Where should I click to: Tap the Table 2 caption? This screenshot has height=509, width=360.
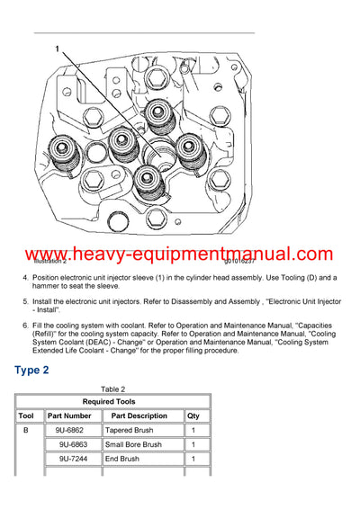tap(112, 388)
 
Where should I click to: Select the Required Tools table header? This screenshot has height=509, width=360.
tap(112, 402)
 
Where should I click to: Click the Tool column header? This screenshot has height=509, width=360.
tap(26, 416)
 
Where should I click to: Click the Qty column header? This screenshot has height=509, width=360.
tap(193, 416)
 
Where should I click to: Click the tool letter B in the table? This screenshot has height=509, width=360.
tap(26, 431)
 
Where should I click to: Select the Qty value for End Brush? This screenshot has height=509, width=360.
tap(193, 460)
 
